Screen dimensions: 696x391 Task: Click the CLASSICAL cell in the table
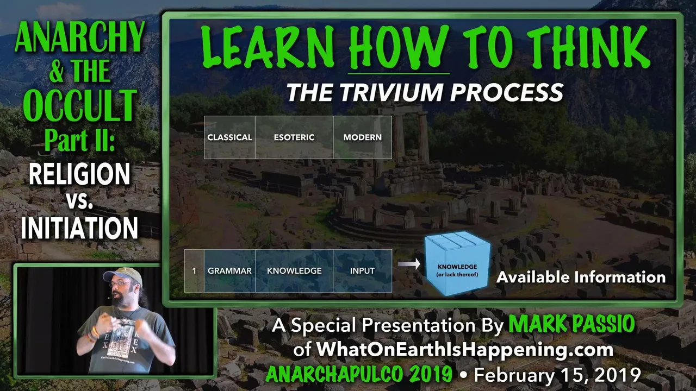[229, 137]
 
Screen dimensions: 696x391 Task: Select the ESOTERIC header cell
[294, 137]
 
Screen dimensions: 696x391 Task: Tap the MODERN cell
[362, 137]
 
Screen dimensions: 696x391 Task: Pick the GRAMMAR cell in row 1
[229, 270]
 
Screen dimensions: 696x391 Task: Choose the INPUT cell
[362, 270]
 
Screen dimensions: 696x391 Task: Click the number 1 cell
[194, 270]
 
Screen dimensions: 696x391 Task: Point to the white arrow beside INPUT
[409, 264]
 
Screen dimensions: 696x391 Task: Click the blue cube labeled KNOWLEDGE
[457, 264]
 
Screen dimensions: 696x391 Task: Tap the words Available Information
[581, 277]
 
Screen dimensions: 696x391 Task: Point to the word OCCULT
[80, 105]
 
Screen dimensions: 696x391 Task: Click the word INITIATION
[79, 228]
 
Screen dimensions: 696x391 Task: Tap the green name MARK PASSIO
[571, 324]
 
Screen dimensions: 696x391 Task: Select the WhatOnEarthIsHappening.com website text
[465, 350]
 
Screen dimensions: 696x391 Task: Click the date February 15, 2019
[557, 375]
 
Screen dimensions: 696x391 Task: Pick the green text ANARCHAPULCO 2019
[359, 374]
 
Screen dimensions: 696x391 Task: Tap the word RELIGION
[79, 174]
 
